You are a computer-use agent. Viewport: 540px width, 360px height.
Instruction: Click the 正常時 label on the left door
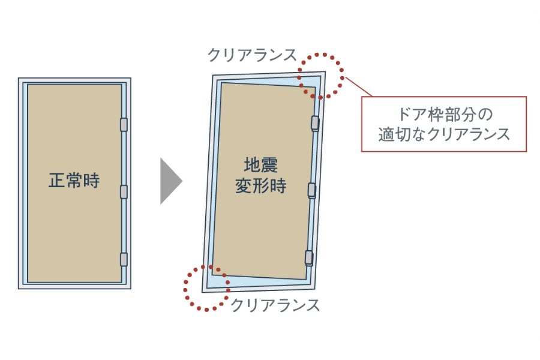(74, 180)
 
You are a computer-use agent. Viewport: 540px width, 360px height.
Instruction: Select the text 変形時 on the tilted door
(261, 186)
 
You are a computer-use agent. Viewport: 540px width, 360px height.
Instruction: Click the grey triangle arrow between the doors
(171, 181)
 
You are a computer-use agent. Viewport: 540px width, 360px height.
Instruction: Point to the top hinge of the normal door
(124, 124)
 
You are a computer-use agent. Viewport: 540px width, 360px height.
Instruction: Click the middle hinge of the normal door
(124, 191)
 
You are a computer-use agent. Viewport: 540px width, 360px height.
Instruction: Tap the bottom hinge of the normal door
(124, 259)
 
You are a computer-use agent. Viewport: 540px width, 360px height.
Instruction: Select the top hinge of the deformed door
(315, 123)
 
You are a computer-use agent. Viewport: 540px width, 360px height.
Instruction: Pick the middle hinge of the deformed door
(311, 190)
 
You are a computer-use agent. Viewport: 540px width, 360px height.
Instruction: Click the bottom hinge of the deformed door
(309, 258)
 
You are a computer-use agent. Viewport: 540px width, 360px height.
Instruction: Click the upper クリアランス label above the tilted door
(252, 55)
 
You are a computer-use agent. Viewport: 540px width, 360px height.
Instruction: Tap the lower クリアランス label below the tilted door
(275, 305)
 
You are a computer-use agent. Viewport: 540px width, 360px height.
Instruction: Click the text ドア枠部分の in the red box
(445, 114)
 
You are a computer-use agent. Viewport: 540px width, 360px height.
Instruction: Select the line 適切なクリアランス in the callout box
(444, 134)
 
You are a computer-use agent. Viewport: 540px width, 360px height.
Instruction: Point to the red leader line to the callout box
(359, 86)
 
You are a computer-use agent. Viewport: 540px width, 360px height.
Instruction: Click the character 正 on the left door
(57, 180)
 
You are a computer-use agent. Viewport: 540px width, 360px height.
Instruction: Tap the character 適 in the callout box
(386, 134)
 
